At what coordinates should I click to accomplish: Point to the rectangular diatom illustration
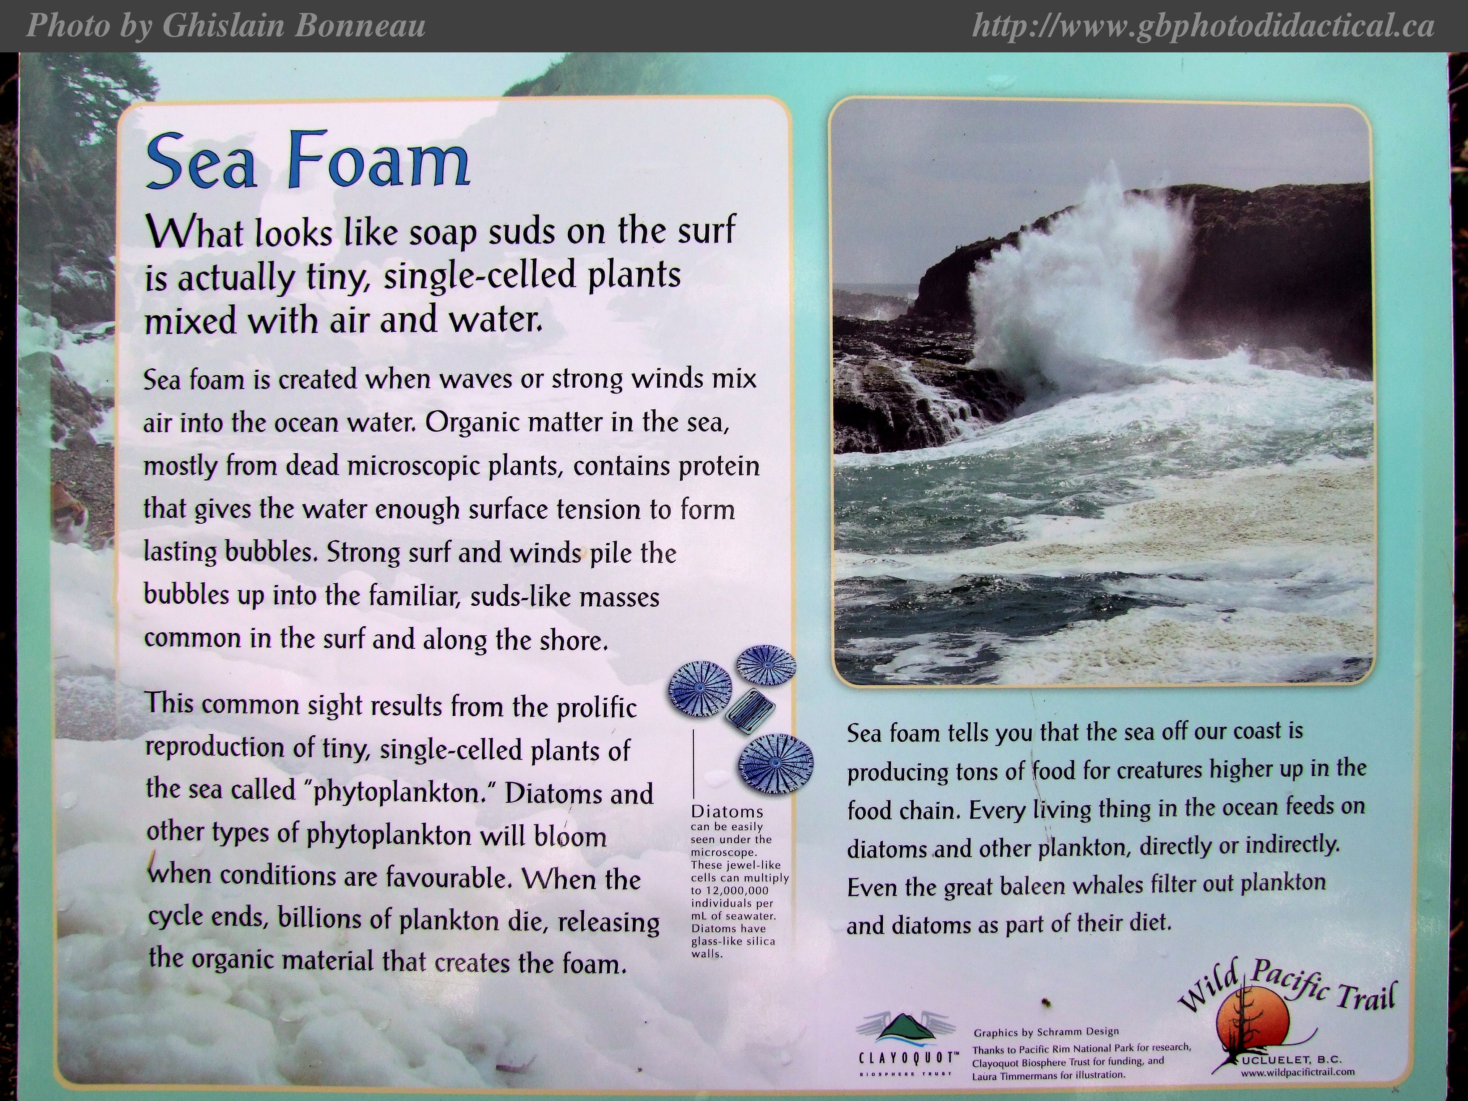pos(750,710)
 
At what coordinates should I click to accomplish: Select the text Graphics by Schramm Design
pos(1046,1032)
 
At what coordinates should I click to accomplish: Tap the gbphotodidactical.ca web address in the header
pos(1203,26)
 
